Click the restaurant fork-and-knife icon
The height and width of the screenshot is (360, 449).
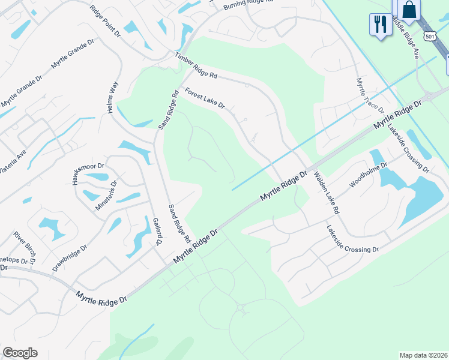[380, 25]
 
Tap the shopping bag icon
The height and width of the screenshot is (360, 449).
[410, 10]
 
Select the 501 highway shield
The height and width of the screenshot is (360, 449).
[429, 37]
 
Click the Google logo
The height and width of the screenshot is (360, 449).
[20, 353]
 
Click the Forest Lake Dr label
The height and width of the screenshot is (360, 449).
[205, 98]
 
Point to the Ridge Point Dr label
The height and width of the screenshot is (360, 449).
[105, 22]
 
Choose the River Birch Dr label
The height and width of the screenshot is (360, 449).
[26, 247]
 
